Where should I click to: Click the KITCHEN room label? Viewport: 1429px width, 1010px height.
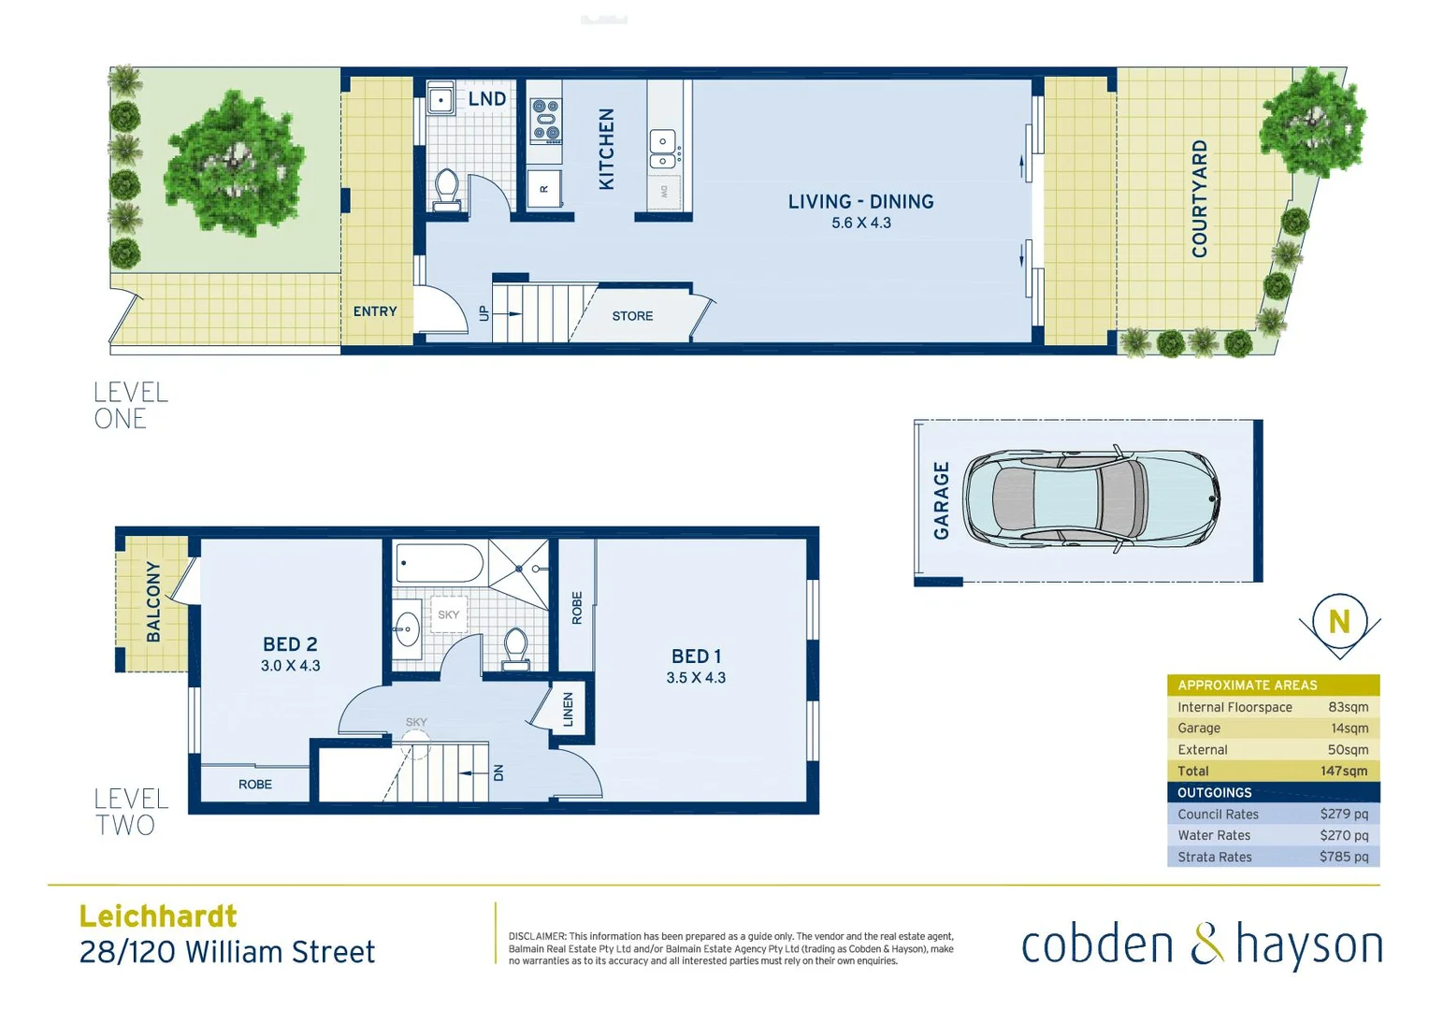click(x=606, y=149)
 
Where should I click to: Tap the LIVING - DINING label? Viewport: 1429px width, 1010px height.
click(x=860, y=201)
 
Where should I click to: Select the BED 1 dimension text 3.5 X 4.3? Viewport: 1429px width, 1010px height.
click(x=696, y=678)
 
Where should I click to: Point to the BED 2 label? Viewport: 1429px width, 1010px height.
click(x=290, y=644)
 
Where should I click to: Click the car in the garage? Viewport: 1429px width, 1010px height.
click(x=1090, y=498)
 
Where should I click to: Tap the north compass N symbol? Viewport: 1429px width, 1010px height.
click(x=1339, y=621)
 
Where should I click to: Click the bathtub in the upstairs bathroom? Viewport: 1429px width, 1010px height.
click(x=439, y=564)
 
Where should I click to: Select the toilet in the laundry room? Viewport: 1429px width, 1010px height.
click(x=447, y=190)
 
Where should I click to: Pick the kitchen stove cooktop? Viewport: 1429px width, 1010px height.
click(x=545, y=120)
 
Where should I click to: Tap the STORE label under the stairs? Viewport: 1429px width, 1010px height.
click(x=632, y=316)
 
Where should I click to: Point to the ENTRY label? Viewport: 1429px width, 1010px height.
click(x=375, y=311)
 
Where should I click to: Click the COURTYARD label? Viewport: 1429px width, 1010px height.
click(x=1199, y=198)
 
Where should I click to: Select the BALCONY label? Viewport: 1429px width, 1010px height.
click(x=153, y=601)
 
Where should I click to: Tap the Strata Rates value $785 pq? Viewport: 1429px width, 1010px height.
click(x=1343, y=857)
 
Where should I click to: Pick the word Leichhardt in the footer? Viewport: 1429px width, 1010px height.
click(x=158, y=916)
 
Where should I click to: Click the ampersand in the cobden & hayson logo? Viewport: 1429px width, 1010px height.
click(x=1206, y=944)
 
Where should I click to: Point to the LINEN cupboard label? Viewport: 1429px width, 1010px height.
click(x=568, y=709)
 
